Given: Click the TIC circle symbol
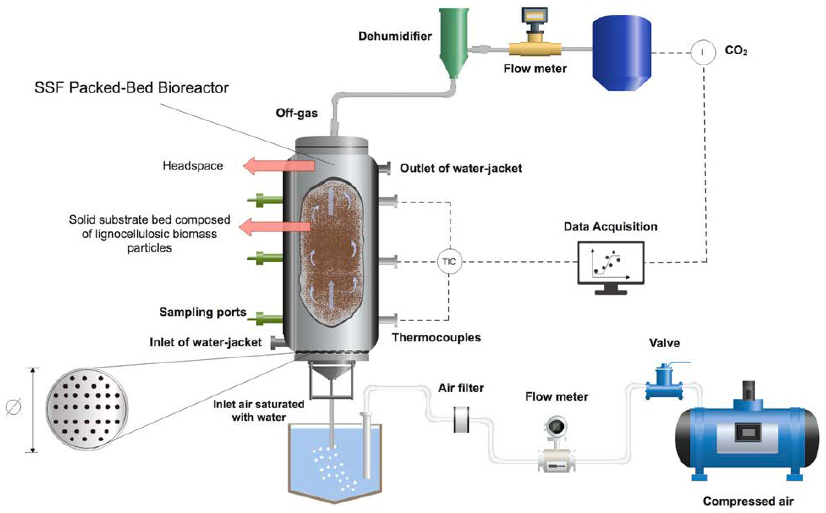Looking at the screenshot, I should pyautogui.click(x=449, y=262).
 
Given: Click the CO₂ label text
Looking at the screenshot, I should pyautogui.click(x=736, y=51).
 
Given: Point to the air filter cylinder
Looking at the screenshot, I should pyautogui.click(x=461, y=420).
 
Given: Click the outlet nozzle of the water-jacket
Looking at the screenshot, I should pyautogui.click(x=384, y=168).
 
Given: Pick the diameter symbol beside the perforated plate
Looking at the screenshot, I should pyautogui.click(x=14, y=407).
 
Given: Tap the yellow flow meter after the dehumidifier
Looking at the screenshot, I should pyautogui.click(x=535, y=48).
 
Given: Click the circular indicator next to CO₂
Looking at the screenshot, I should pyautogui.click(x=703, y=52).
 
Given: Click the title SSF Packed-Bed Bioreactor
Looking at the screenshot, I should pyautogui.click(x=132, y=88).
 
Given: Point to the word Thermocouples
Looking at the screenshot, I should pyautogui.click(x=436, y=338).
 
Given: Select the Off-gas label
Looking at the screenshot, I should pyautogui.click(x=296, y=113).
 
